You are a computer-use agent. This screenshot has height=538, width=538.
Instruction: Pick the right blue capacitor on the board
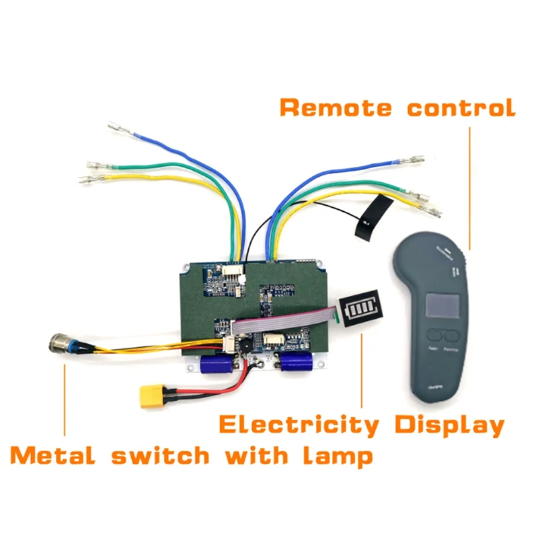pos(296,363)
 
